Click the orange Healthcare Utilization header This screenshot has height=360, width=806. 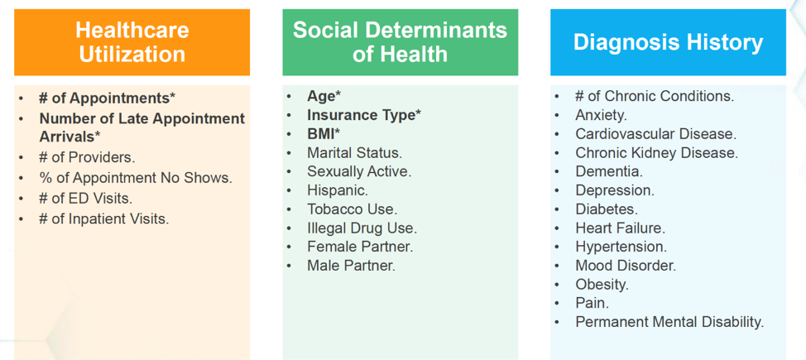point(132,42)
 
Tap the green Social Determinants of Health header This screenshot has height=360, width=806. point(400,42)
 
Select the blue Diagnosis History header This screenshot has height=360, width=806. point(668,42)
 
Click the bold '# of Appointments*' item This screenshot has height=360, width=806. point(107,98)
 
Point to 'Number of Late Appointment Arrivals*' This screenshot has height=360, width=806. point(142,127)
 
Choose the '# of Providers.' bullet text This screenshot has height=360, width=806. point(87,157)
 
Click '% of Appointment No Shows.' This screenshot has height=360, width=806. point(135,178)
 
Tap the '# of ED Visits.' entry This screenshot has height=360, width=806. point(85,199)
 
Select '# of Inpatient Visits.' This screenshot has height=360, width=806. point(103,219)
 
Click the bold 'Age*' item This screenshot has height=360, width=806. point(324,96)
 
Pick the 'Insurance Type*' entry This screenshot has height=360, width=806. point(363,115)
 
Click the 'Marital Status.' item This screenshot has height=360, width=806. point(354,153)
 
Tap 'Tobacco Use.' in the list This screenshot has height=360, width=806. point(352,209)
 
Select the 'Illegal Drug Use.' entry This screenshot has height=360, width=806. point(362,228)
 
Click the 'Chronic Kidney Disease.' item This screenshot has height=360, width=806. point(656,153)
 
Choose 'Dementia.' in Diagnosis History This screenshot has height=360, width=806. point(609,172)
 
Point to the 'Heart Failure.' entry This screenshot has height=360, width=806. point(620,228)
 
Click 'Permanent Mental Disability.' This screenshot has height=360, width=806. point(669,323)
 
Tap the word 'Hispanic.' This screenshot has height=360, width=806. point(338,190)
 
